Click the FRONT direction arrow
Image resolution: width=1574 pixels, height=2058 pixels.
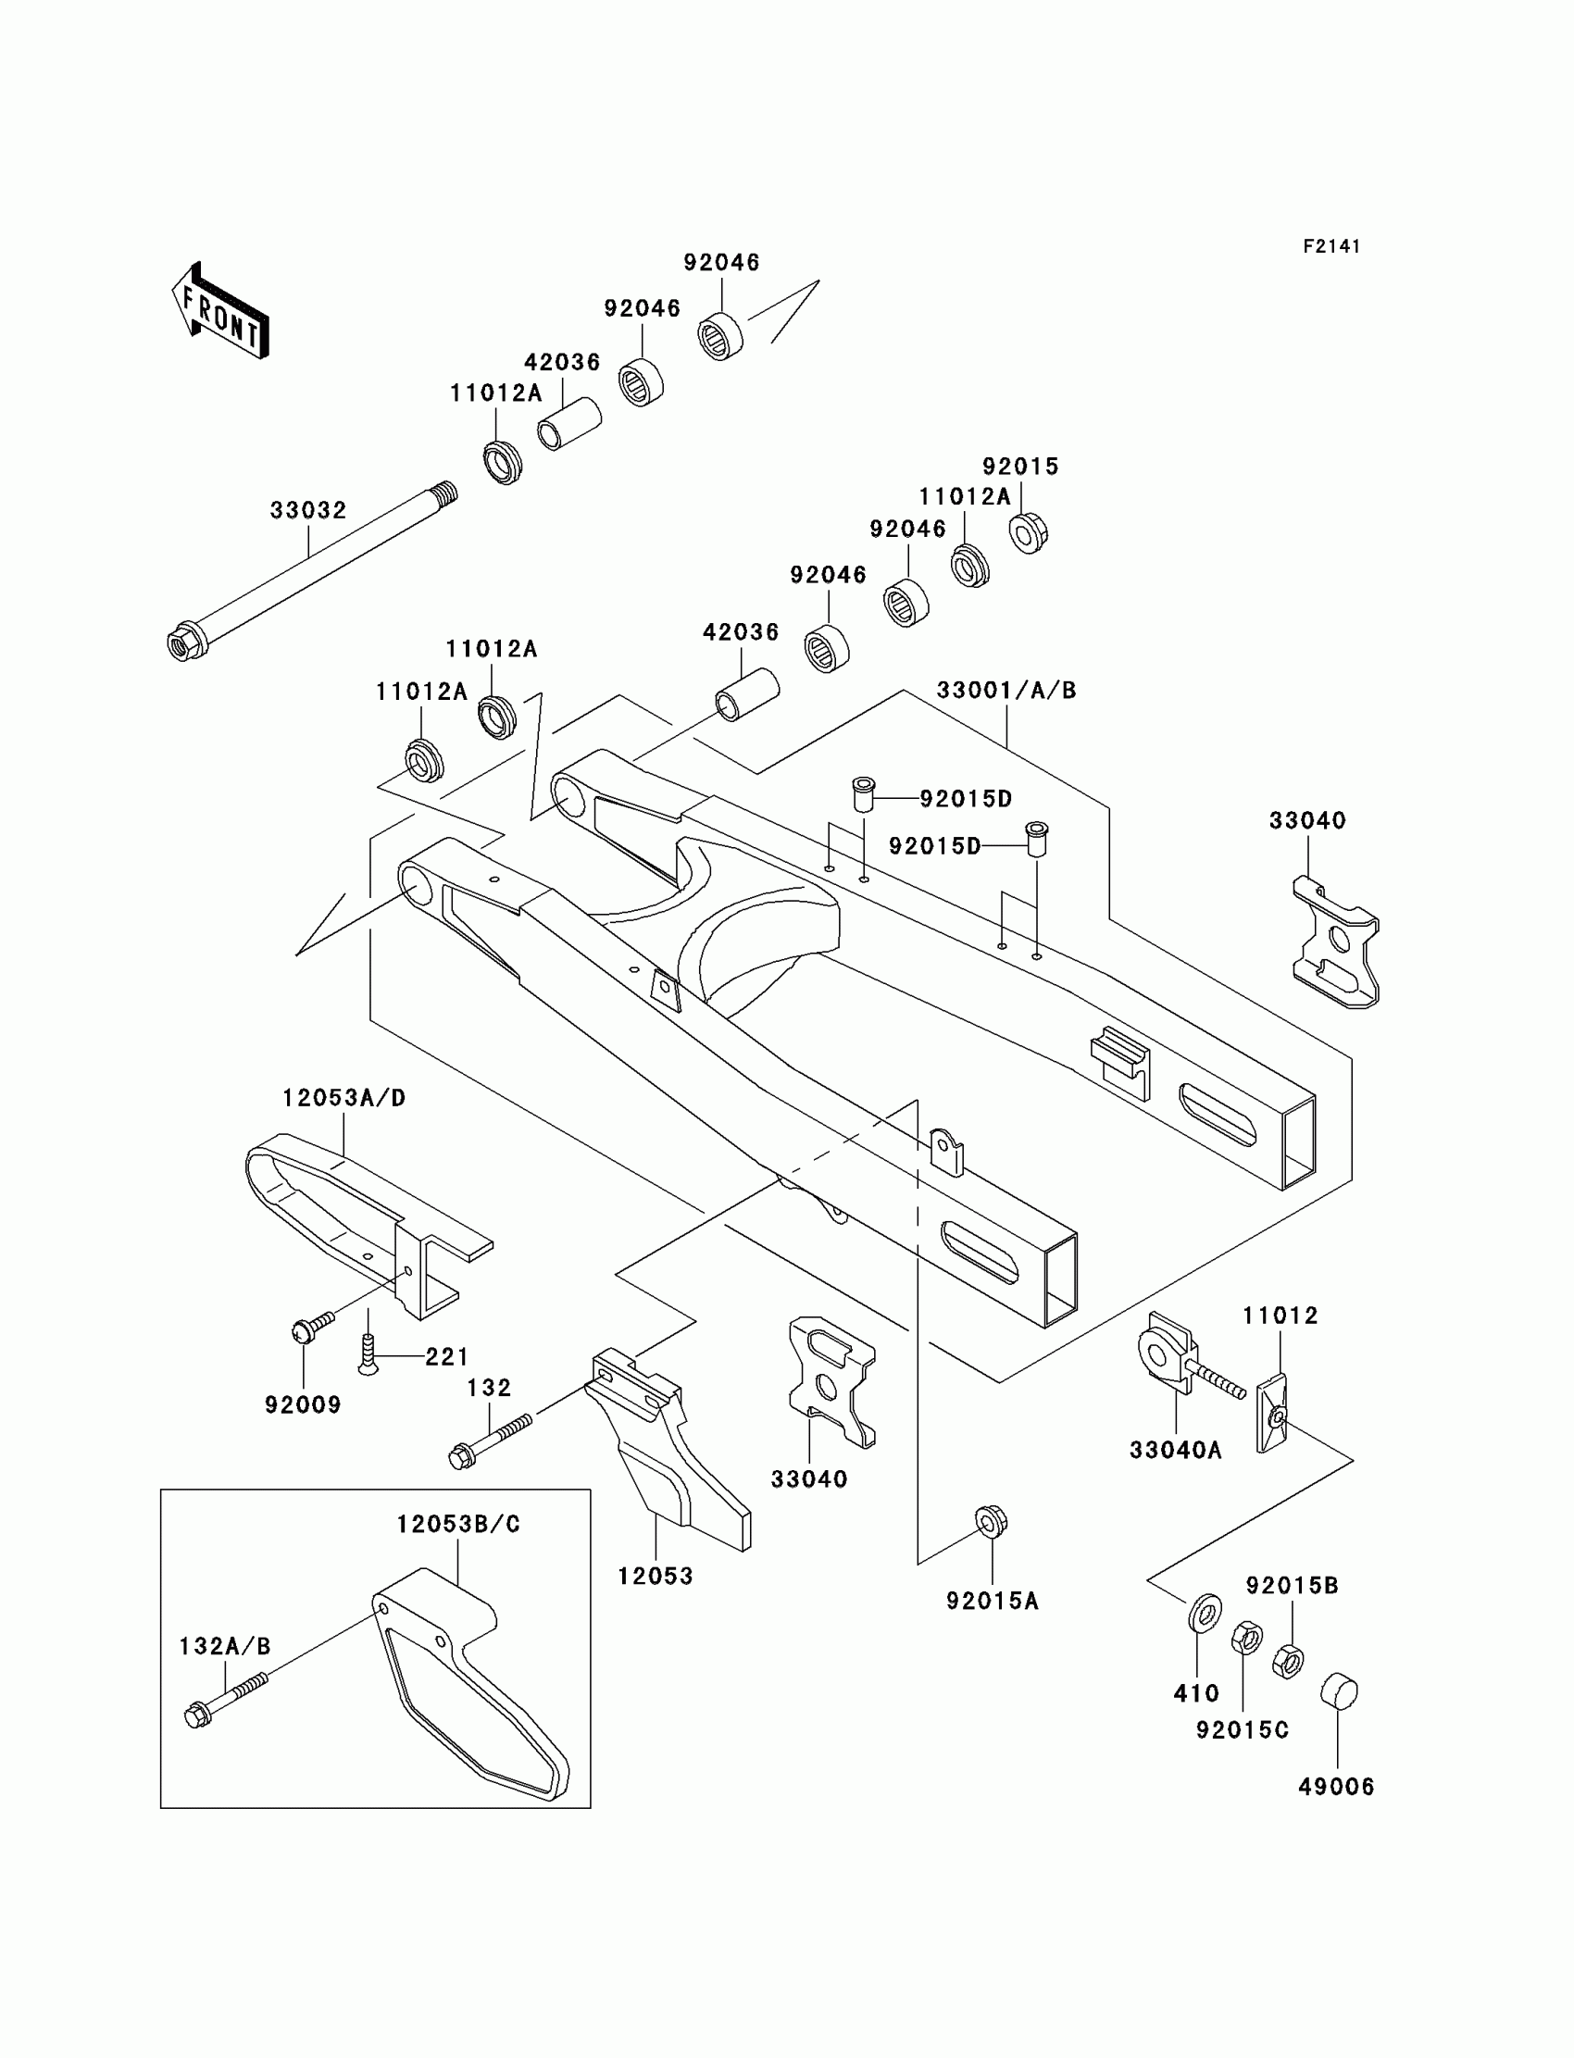[x=220, y=311]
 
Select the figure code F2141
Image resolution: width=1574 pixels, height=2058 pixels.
[x=1330, y=246]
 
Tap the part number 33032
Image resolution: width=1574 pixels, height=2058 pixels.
[x=308, y=510]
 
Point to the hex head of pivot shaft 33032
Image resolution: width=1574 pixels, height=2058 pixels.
[x=181, y=643]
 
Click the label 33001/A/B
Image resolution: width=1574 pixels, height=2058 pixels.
[x=1006, y=691]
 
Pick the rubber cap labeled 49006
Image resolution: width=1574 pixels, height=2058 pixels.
[x=1339, y=1691]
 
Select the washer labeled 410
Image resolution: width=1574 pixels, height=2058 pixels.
[x=1205, y=1612]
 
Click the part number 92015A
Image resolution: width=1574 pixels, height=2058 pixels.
[x=993, y=1601]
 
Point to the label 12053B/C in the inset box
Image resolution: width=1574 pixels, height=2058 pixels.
[x=458, y=1524]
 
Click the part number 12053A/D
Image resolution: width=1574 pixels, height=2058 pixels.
[x=344, y=1098]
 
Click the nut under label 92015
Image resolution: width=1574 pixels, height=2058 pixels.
[x=1028, y=532]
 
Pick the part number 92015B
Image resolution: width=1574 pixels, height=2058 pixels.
[x=1292, y=1585]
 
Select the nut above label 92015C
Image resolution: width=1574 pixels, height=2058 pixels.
[x=1246, y=1639]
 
